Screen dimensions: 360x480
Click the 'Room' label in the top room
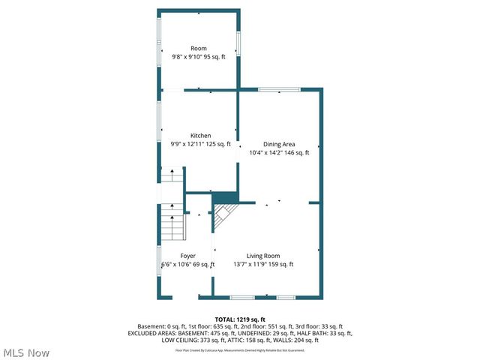click(198, 49)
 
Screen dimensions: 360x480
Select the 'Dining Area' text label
click(278, 144)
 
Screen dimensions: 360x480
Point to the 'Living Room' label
click(263, 256)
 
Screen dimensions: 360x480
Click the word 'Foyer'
click(187, 256)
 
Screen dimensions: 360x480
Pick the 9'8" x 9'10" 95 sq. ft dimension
click(199, 57)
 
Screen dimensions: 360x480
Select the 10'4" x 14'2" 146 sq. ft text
click(279, 152)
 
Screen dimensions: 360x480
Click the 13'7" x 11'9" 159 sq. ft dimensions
click(264, 264)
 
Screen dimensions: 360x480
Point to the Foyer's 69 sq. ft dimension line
click(188, 264)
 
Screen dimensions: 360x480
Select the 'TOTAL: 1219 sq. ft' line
click(240, 319)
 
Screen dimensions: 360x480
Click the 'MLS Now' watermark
click(26, 352)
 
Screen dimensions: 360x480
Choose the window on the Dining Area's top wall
click(273, 90)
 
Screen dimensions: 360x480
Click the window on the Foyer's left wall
click(159, 258)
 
